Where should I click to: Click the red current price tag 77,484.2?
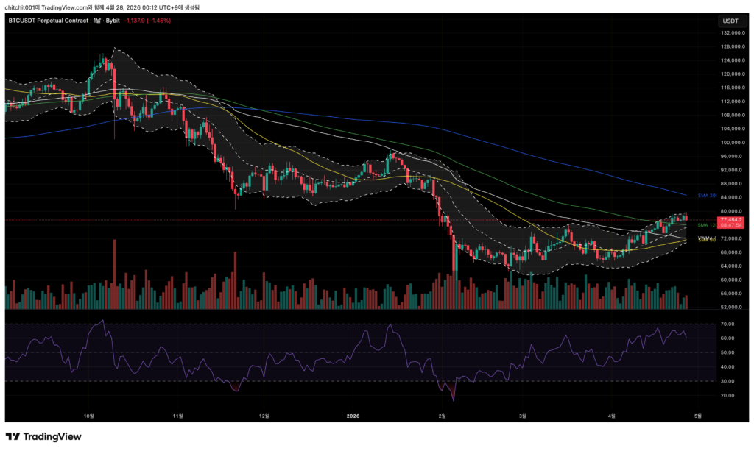732,219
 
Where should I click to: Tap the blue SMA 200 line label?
708,196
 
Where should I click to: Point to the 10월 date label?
89,415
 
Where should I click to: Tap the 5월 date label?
697,415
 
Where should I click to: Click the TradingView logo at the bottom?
43,437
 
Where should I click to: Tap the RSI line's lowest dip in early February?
454,399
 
